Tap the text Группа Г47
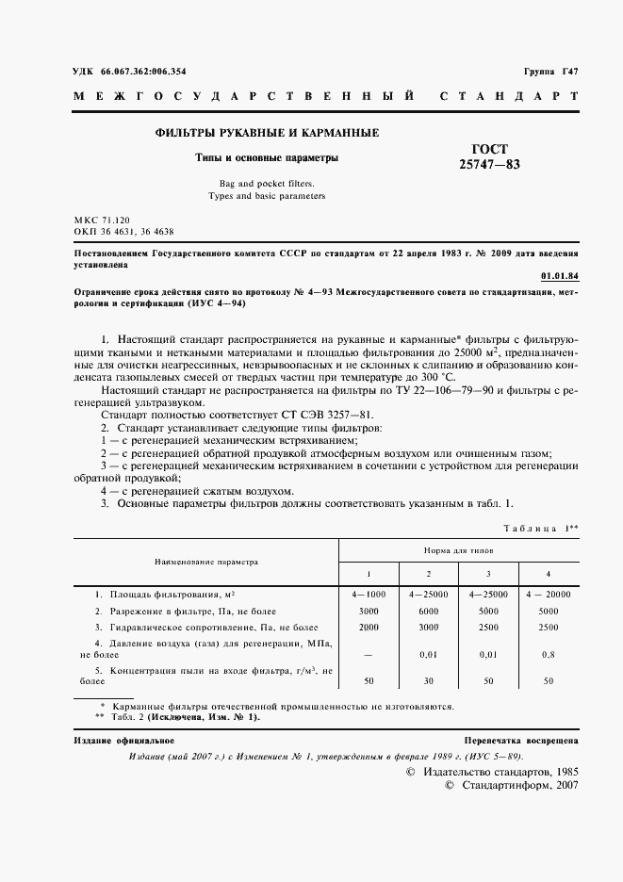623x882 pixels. (x=549, y=72)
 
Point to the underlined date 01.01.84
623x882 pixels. (x=560, y=276)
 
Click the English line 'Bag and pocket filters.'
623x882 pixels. (x=266, y=184)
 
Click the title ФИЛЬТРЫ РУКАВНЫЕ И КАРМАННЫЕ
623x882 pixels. (x=267, y=133)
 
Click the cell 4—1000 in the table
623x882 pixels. (x=369, y=595)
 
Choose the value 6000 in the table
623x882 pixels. (x=428, y=611)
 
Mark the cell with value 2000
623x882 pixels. (x=369, y=627)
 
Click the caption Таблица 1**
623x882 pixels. (x=540, y=529)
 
